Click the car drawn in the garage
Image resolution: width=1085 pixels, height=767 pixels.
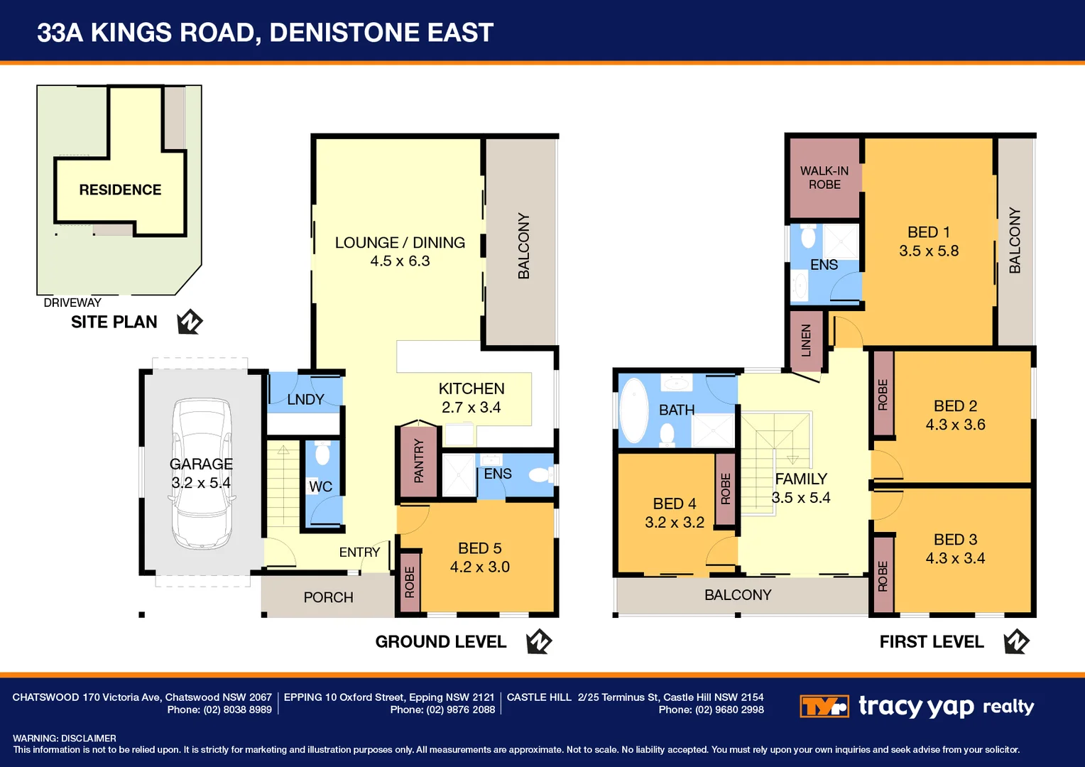201,474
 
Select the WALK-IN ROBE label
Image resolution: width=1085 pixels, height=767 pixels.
824,178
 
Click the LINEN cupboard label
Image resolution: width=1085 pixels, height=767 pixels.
806,340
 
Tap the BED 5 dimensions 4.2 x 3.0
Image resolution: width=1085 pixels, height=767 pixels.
479,567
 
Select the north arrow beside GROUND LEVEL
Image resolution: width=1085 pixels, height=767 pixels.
539,641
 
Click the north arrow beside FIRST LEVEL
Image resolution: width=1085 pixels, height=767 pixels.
1016,641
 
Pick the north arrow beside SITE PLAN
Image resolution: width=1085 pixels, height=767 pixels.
190,322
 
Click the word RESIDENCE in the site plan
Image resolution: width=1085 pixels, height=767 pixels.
120,190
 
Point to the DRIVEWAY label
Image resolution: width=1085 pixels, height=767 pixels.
72,303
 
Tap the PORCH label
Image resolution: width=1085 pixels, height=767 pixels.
328,597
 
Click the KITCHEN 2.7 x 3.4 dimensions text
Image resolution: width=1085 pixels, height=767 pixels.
471,408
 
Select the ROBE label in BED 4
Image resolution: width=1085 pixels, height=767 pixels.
725,489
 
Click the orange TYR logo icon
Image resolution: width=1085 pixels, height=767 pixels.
824,707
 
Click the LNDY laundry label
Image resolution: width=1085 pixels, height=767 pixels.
305,400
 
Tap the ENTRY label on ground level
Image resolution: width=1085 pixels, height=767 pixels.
359,552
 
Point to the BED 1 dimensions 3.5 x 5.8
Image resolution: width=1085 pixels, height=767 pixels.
929,251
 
